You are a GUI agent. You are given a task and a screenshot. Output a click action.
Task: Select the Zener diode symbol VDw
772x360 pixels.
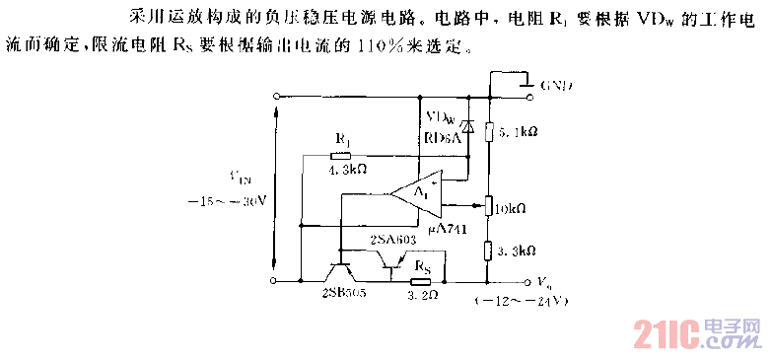[x=468, y=125]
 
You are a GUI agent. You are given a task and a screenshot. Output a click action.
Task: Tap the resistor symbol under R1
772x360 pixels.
[x=345, y=155]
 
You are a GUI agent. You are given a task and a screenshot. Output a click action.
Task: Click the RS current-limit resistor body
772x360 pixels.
[x=421, y=280]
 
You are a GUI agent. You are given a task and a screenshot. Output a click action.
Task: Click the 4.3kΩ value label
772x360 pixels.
[x=347, y=170]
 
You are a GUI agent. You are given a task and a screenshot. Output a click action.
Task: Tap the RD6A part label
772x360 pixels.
[x=442, y=137]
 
